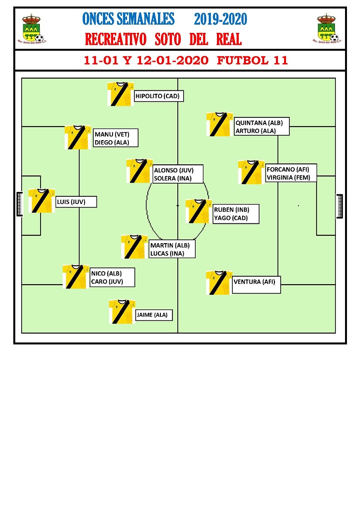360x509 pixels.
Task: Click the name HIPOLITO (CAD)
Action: click(158, 96)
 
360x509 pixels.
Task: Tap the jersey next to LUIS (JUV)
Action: click(42, 201)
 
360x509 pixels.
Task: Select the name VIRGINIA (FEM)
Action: click(288, 177)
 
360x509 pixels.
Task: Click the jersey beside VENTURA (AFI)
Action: click(219, 283)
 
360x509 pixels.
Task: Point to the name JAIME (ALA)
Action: click(152, 315)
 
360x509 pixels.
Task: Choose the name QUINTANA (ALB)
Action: click(259, 123)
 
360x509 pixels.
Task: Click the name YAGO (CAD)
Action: click(231, 218)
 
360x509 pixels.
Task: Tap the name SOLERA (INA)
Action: click(173, 178)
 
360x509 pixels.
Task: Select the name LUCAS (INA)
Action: click(167, 253)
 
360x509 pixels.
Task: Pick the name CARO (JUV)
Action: click(107, 281)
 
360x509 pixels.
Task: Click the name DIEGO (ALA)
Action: click(112, 143)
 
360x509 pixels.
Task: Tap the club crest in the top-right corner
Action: click(327, 29)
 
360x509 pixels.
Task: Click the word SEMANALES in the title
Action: click(146, 19)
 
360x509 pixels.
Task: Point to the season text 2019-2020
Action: click(221, 19)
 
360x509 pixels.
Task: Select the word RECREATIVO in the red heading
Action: click(115, 39)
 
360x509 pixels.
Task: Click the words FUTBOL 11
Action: click(253, 60)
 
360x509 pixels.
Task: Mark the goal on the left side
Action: click(19, 204)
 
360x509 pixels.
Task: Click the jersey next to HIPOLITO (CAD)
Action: click(121, 94)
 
